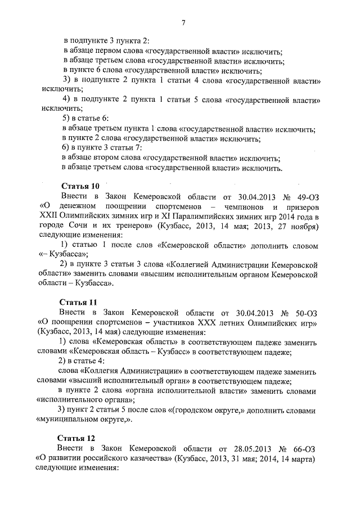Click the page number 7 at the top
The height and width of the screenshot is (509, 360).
point(183,22)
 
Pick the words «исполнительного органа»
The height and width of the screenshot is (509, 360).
point(85,399)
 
